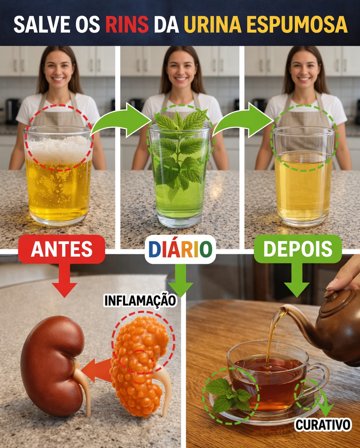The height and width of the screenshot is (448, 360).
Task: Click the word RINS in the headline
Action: (x=127, y=24)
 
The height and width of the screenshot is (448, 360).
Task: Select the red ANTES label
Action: (x=62, y=249)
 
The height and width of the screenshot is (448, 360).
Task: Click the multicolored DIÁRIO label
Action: (x=180, y=249)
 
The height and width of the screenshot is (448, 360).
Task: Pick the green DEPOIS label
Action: (x=298, y=248)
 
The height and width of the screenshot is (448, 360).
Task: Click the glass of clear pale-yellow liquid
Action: (x=304, y=177)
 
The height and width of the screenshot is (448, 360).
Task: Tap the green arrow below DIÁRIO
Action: (x=180, y=280)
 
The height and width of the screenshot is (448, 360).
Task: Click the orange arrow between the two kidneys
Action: (x=97, y=370)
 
